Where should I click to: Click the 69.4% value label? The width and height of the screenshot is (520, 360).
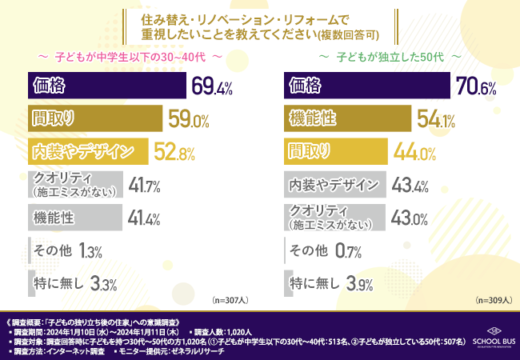(x=212, y=84)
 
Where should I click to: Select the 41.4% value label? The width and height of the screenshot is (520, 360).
(x=145, y=218)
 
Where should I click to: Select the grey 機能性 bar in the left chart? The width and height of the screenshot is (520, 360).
(x=74, y=218)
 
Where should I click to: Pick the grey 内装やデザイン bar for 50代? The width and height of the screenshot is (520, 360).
(x=336, y=185)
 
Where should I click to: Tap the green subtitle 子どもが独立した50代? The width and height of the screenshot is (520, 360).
(x=389, y=58)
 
